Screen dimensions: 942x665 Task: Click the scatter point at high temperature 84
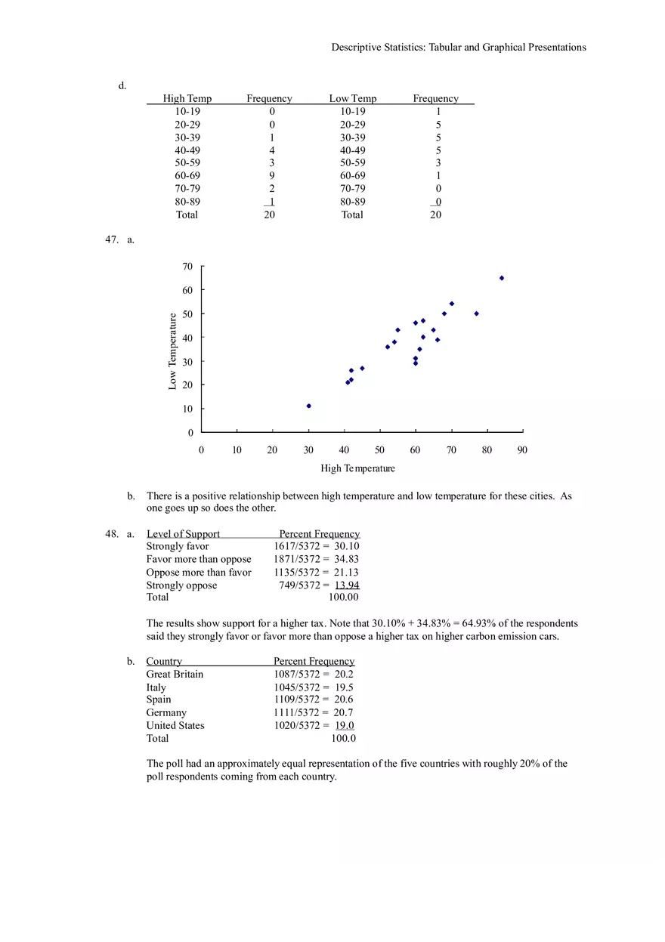pyautogui.click(x=501, y=278)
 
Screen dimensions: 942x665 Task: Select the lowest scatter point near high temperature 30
pyautogui.click(x=308, y=406)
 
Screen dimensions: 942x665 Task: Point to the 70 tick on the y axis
pyautogui.click(x=187, y=267)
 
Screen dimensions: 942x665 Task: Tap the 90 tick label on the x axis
pyautogui.click(x=522, y=450)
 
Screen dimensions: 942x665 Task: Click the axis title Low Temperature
pyautogui.click(x=172, y=351)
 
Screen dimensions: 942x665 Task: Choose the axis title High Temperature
pyautogui.click(x=357, y=468)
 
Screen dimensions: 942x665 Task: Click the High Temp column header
pyautogui.click(x=187, y=99)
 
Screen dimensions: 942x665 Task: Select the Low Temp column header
pyautogui.click(x=352, y=99)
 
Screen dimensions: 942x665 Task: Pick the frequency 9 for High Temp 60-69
pyautogui.click(x=272, y=175)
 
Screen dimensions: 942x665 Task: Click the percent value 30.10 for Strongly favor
pyautogui.click(x=347, y=546)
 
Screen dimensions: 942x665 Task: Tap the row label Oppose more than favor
pyautogui.click(x=199, y=573)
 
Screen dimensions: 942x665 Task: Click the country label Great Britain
pyautogui.click(x=175, y=674)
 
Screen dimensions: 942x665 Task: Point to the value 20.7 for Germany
pyautogui.click(x=344, y=712)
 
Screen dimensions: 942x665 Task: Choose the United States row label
pyautogui.click(x=175, y=725)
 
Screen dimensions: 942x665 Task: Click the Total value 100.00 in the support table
pyautogui.click(x=343, y=597)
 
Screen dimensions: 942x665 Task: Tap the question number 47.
pyautogui.click(x=112, y=239)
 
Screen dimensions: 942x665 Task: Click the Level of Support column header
pyautogui.click(x=183, y=534)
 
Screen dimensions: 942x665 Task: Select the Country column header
pyautogui.click(x=164, y=662)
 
